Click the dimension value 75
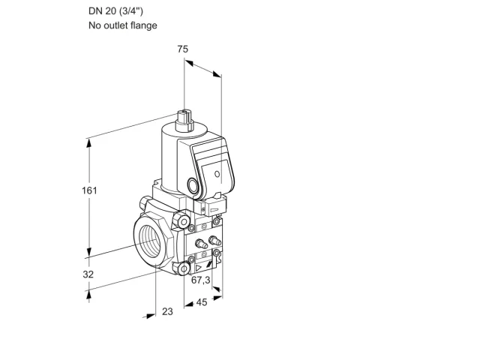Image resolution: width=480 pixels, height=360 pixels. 183,49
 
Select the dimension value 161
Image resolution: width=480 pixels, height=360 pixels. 89,190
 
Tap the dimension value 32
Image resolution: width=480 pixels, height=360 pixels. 88,274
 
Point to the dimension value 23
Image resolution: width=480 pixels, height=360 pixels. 167,312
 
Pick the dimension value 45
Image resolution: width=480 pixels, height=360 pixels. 202,302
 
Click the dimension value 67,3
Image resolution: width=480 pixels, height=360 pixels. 201,280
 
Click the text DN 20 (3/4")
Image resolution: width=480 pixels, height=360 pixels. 115,11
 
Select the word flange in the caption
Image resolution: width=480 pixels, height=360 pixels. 144,25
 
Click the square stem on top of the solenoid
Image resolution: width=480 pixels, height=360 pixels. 185,120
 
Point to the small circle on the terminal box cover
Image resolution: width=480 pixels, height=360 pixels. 217,174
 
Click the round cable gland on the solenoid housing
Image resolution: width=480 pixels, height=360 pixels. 193,185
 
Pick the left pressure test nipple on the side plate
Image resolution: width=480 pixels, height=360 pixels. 201,243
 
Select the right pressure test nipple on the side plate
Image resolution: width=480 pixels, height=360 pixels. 214,240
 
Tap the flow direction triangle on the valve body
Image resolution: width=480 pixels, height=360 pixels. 199,268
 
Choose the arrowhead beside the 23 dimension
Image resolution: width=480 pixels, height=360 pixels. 151,316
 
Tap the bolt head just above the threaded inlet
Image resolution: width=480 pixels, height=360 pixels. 181,221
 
